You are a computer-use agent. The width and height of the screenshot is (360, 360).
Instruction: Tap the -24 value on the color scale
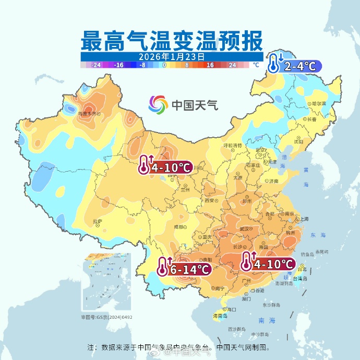tap(96, 65)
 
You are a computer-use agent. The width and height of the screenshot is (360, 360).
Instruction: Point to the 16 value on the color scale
tap(210, 65)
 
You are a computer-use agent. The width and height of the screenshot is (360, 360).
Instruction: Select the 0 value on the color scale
tap(164, 65)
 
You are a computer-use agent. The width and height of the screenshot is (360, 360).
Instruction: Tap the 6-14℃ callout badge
tap(185, 269)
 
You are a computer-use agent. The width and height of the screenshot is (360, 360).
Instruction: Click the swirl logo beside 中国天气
tap(157, 105)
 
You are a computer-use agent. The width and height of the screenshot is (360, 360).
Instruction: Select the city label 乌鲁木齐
tap(87, 113)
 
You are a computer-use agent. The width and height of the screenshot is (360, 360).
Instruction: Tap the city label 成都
tap(179, 227)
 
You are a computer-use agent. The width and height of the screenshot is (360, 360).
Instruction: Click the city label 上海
tap(304, 219)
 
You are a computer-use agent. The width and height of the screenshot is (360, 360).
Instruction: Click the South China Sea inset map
tap(106, 283)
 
